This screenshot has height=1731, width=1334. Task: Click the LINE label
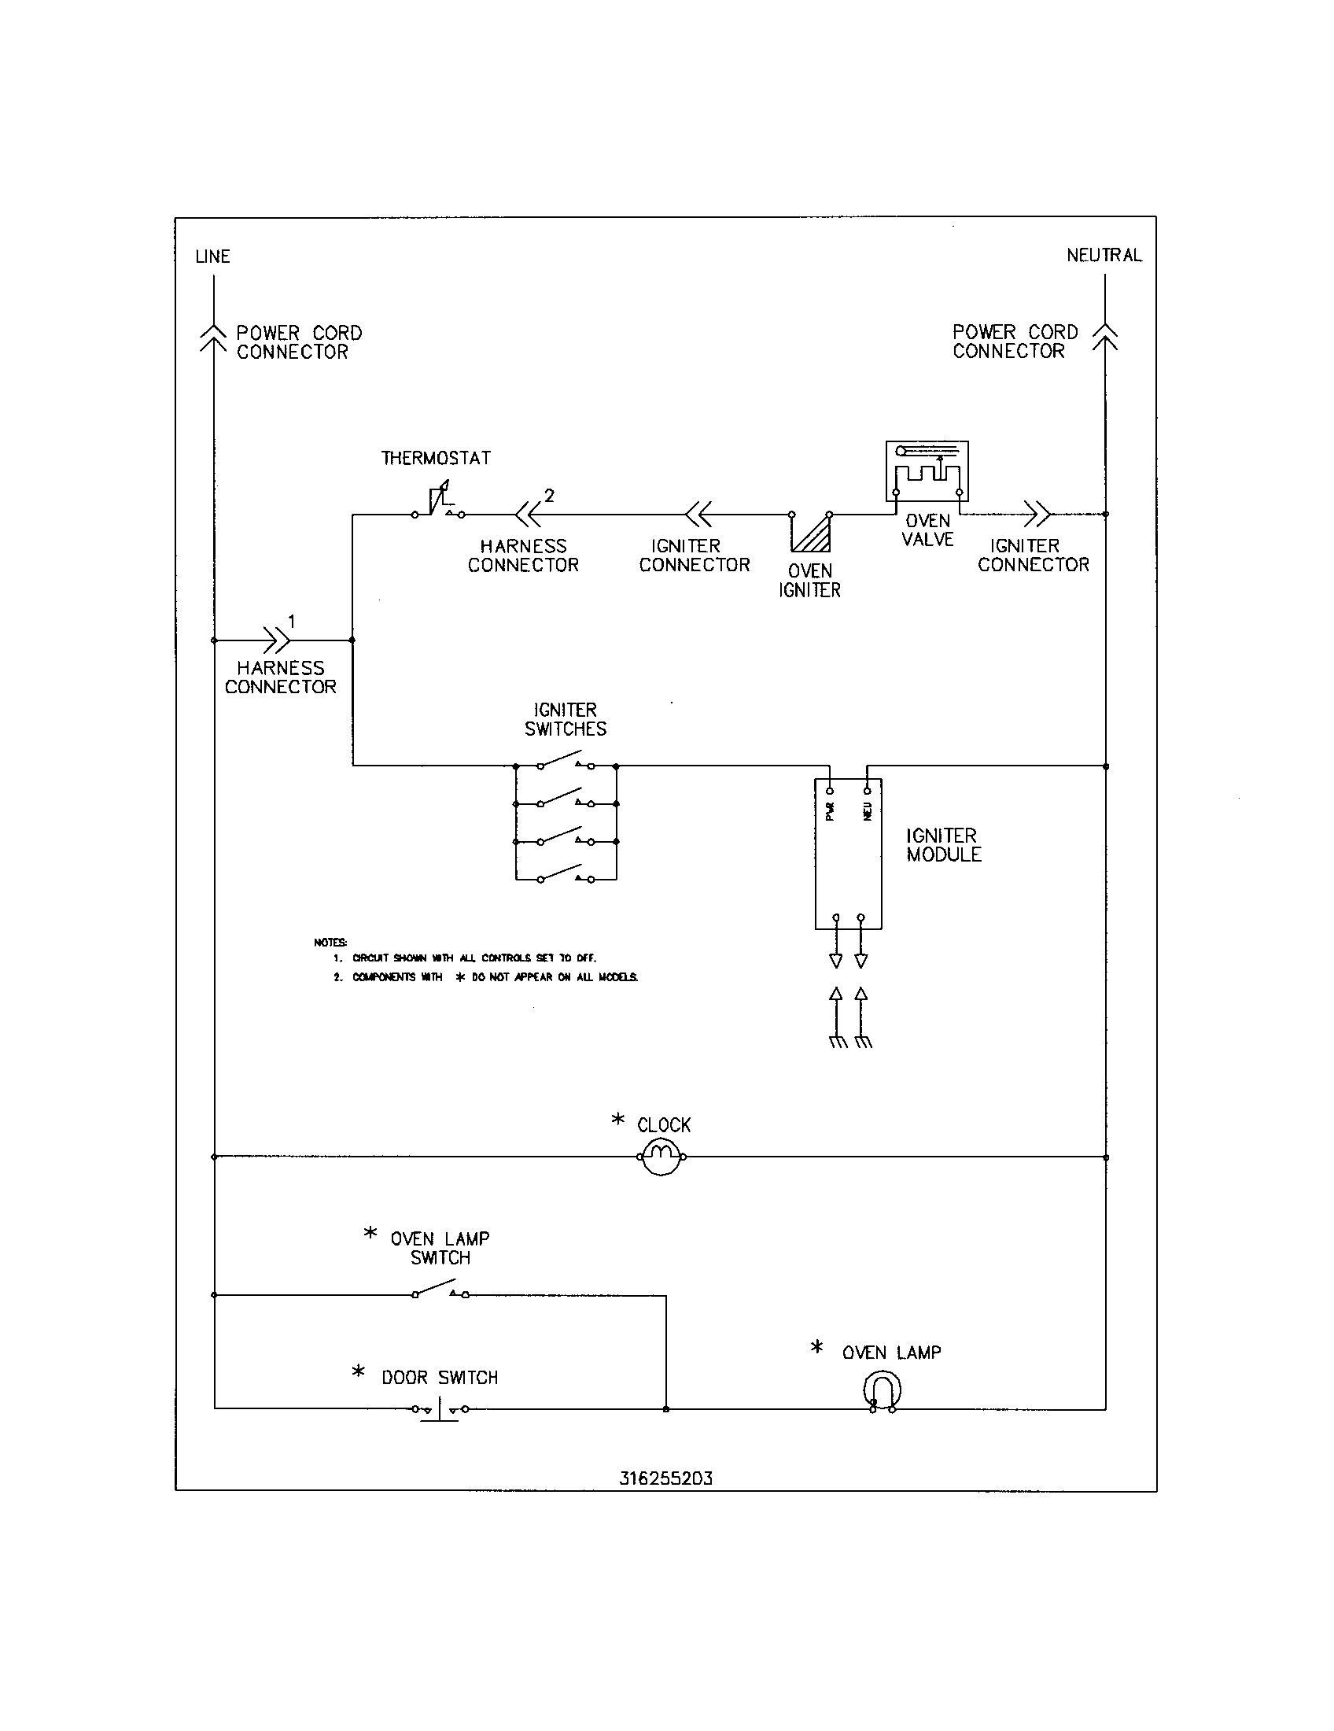[x=212, y=257]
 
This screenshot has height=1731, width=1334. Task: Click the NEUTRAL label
[x=1104, y=255]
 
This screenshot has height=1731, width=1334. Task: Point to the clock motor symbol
[x=661, y=1157]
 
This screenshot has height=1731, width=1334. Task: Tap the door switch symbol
[x=439, y=1410]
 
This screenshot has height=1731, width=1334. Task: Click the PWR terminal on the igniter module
[x=829, y=791]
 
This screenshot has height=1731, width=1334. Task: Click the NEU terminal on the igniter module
[x=868, y=791]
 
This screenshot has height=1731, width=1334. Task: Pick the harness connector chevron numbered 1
[x=276, y=640]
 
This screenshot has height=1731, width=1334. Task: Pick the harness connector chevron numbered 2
[x=528, y=515]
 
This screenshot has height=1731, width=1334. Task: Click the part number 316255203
[x=665, y=1478]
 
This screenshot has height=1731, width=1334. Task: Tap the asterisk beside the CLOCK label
[x=618, y=1119]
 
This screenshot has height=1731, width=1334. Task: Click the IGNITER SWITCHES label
[x=565, y=719]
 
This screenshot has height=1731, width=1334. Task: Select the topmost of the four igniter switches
[x=566, y=763]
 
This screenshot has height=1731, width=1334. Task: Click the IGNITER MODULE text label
[x=942, y=845]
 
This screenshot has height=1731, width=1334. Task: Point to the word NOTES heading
[x=330, y=943]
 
